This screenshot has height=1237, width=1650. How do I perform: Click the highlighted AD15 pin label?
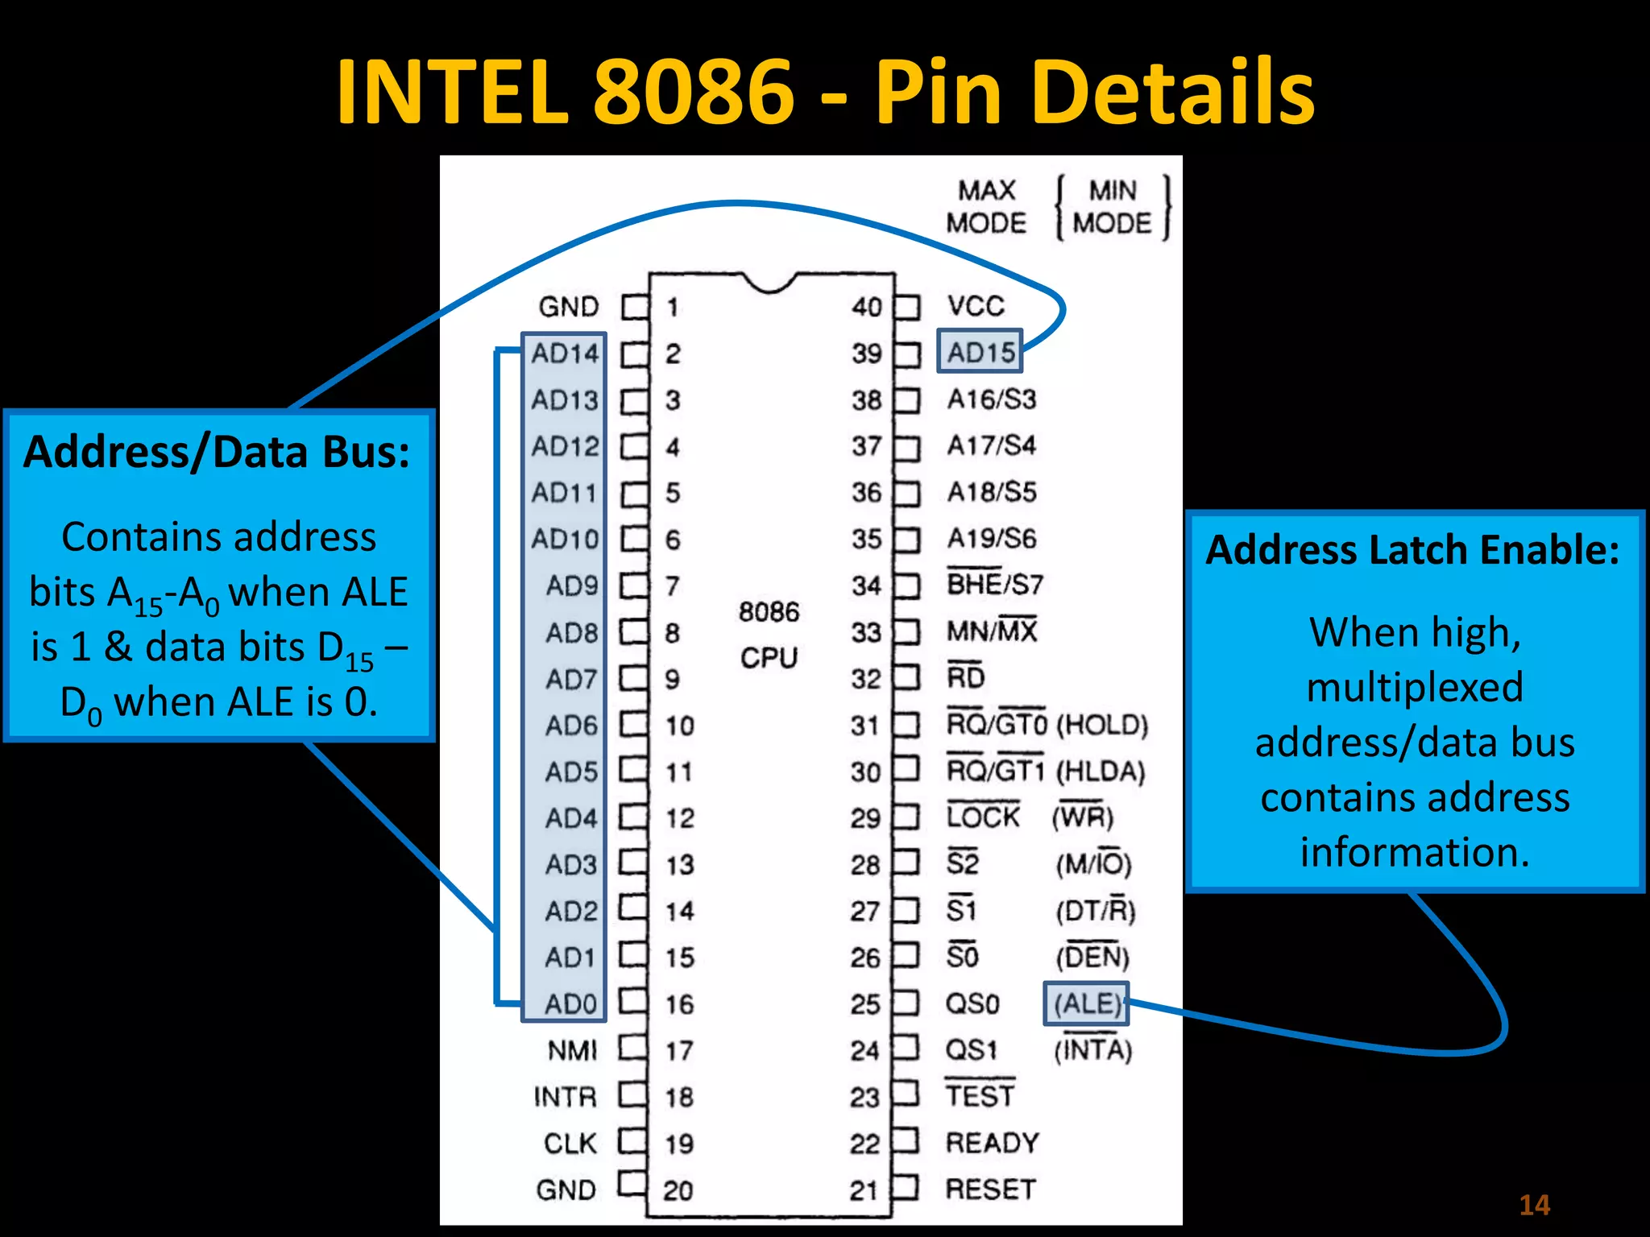click(x=980, y=352)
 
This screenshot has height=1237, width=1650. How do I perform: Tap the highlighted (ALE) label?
click(x=1086, y=1003)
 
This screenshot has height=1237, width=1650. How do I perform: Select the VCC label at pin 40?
click(x=976, y=306)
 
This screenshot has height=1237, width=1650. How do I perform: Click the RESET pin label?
click(x=990, y=1189)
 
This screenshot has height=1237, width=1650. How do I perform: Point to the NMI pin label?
click(x=572, y=1050)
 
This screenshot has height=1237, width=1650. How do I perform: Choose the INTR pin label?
click(x=565, y=1097)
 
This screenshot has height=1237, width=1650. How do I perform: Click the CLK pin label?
click(x=570, y=1144)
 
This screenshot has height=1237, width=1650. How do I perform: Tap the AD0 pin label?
click(x=570, y=1004)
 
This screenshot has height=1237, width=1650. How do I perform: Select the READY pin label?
click(x=992, y=1143)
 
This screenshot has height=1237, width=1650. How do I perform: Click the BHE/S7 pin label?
click(x=995, y=585)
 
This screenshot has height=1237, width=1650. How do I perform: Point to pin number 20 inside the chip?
click(x=678, y=1190)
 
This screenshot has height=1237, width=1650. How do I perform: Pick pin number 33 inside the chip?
click(x=866, y=632)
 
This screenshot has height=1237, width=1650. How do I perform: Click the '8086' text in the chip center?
click(x=769, y=612)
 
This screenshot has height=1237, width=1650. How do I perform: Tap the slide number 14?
click(x=1534, y=1205)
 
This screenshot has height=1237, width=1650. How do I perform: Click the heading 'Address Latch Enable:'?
click(x=1412, y=550)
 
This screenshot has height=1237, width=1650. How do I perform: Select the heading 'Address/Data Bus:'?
click(x=217, y=452)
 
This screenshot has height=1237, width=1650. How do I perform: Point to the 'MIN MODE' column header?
click(x=1113, y=207)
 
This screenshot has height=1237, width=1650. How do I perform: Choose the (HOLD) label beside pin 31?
click(x=1101, y=725)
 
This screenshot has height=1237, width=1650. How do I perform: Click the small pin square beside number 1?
click(x=635, y=307)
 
